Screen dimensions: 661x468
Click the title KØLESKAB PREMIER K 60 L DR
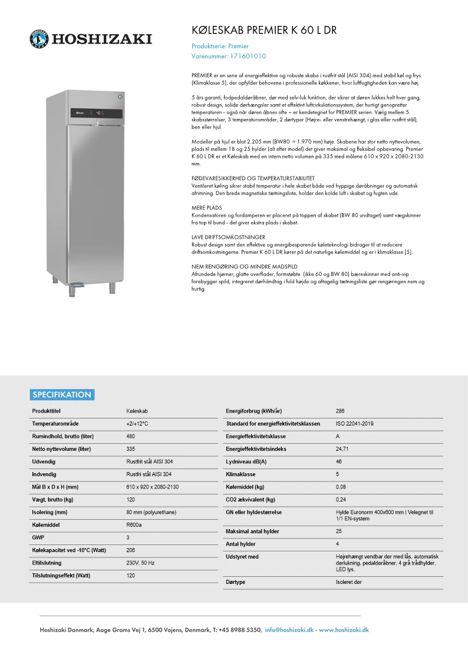(x=264, y=31)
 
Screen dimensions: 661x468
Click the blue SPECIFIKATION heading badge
(x=62, y=395)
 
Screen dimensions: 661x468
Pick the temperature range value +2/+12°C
(x=137, y=424)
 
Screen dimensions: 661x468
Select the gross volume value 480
(x=131, y=436)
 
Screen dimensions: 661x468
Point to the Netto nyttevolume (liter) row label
(x=61, y=449)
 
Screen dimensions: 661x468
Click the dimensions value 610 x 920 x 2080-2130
(x=152, y=487)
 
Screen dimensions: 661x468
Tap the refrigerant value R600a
(x=134, y=524)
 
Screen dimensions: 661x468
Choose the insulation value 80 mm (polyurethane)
(x=151, y=512)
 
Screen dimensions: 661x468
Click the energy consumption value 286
(x=340, y=411)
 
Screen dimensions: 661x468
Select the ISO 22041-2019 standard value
(x=354, y=424)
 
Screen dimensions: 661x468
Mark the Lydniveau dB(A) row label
(x=246, y=461)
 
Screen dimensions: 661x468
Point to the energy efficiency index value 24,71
(x=342, y=449)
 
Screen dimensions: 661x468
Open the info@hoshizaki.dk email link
(x=289, y=630)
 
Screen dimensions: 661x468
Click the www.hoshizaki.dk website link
(x=344, y=630)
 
